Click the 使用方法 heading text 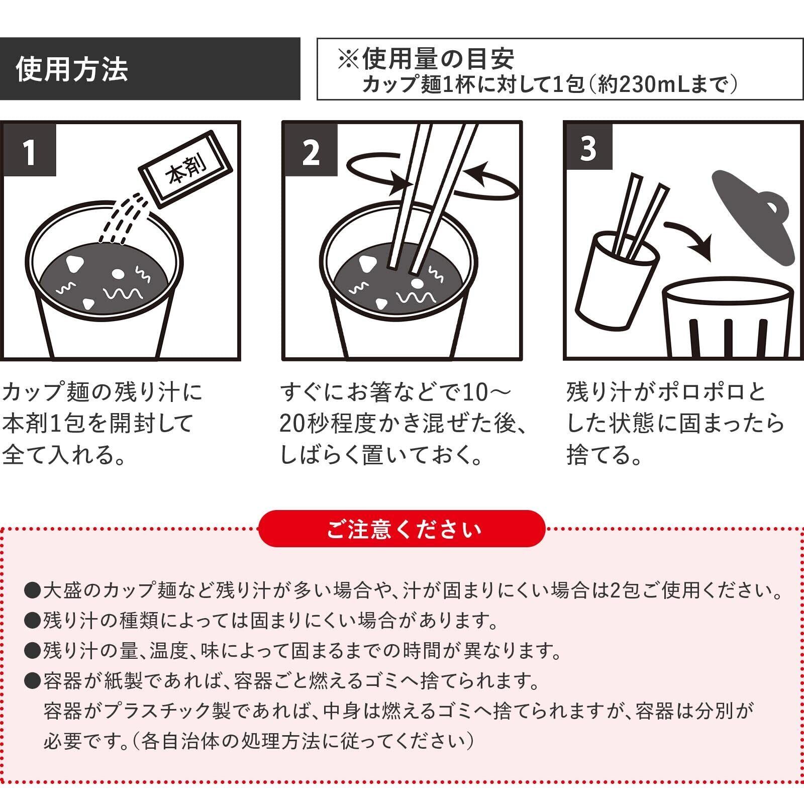(x=72, y=69)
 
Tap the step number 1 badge (x=29, y=150)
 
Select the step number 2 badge (x=311, y=150)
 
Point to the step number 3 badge (x=588, y=149)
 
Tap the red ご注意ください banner (x=401, y=528)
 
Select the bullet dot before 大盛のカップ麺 (x=32, y=590)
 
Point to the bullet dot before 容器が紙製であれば (x=32, y=681)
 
